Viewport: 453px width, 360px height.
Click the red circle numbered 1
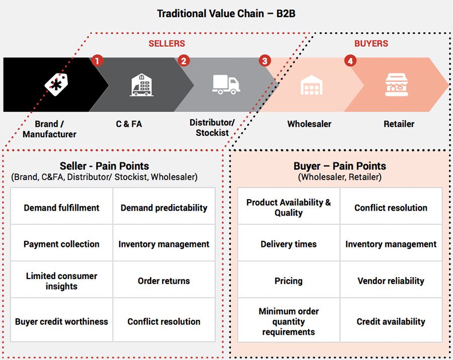pos(98,61)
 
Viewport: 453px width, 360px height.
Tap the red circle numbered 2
pos(184,61)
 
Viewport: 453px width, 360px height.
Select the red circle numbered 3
pos(265,61)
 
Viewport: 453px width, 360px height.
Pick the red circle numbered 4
pos(350,61)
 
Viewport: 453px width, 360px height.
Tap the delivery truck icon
pos(226,84)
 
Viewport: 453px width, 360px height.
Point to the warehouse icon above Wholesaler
pos(311,85)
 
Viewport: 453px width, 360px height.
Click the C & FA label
pos(129,124)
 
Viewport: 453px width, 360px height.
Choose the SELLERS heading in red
pos(167,44)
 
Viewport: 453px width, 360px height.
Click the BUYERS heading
pos(371,44)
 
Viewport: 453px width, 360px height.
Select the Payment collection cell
pos(61,244)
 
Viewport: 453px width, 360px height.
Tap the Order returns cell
pos(164,281)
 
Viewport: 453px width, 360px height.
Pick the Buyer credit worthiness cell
pos(61,322)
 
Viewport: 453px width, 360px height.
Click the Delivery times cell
pos(288,244)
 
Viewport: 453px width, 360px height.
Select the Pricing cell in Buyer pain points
pos(288,281)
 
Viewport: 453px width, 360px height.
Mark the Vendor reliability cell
pos(391,281)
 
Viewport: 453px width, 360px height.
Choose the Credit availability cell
pos(391,322)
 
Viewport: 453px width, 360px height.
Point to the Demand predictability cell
pos(164,208)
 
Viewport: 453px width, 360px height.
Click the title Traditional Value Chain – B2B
pos(226,14)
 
